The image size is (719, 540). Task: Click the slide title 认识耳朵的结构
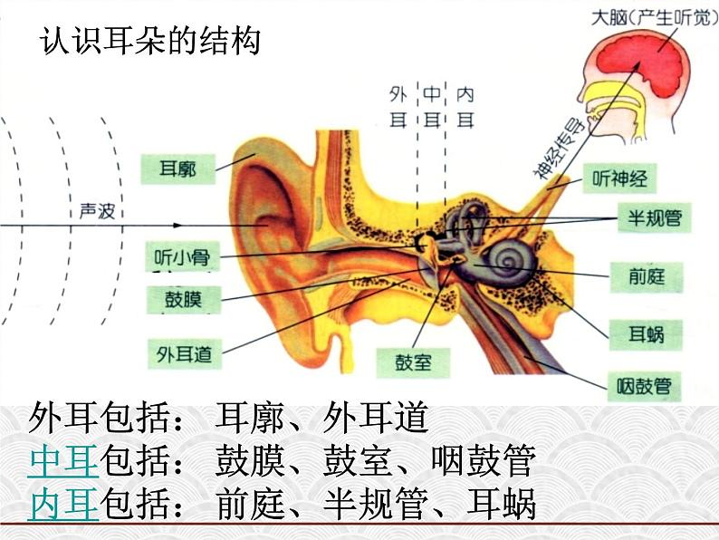tap(150, 42)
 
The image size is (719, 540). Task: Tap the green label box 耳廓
tap(177, 169)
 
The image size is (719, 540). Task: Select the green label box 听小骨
tap(183, 256)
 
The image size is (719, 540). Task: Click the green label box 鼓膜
tap(184, 300)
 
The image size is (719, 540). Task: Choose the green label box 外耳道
tap(185, 354)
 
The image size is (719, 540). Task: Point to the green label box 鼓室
tap(413, 363)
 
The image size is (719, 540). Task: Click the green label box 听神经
tap(619, 178)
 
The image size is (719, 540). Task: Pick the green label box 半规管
tap(655, 218)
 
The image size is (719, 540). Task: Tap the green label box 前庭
tap(647, 277)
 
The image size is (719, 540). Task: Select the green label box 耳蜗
tap(646, 335)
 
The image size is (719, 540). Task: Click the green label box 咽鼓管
tap(644, 387)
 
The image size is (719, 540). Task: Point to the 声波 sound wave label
tap(97, 211)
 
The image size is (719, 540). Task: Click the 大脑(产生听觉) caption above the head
tap(655, 18)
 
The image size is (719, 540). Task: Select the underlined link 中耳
tap(63, 460)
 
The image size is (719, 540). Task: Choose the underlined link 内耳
tap(63, 504)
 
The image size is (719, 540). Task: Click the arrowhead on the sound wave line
tap(177, 226)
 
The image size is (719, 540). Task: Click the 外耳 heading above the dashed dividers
tap(398, 107)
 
